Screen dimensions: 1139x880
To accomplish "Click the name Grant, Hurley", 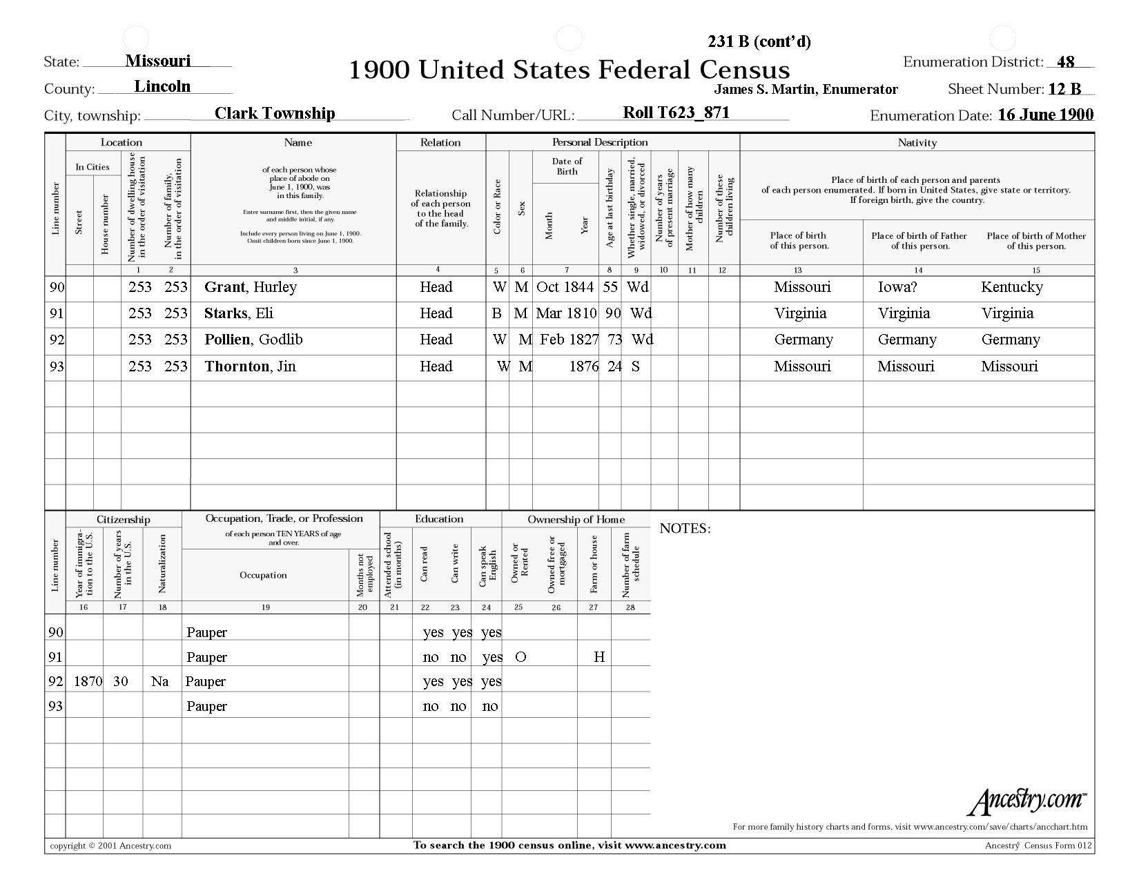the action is (x=250, y=287).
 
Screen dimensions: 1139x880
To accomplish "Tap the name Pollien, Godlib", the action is (x=253, y=340).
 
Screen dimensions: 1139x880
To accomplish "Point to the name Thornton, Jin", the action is (x=250, y=366).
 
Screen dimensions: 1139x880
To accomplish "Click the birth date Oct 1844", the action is (x=565, y=287).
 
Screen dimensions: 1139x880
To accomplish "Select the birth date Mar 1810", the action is (x=566, y=313).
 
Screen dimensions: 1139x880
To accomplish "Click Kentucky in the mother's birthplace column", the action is (x=1011, y=287).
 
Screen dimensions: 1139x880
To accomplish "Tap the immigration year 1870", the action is (x=88, y=681).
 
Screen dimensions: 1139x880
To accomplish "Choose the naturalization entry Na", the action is (x=159, y=681).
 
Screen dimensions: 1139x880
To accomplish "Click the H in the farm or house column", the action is (x=599, y=657).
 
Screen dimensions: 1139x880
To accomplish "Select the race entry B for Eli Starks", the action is (x=496, y=313).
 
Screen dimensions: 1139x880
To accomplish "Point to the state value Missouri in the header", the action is (x=157, y=61).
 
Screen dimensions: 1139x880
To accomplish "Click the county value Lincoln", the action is (x=162, y=87).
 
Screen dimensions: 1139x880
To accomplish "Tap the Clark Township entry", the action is (x=275, y=113).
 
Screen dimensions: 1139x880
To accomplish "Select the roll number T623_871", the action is (x=676, y=113).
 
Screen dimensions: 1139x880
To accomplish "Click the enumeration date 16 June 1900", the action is (x=1045, y=115).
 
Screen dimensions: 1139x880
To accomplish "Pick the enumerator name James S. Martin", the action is (x=806, y=89).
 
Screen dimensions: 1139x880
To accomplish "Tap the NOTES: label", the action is (x=685, y=529).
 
